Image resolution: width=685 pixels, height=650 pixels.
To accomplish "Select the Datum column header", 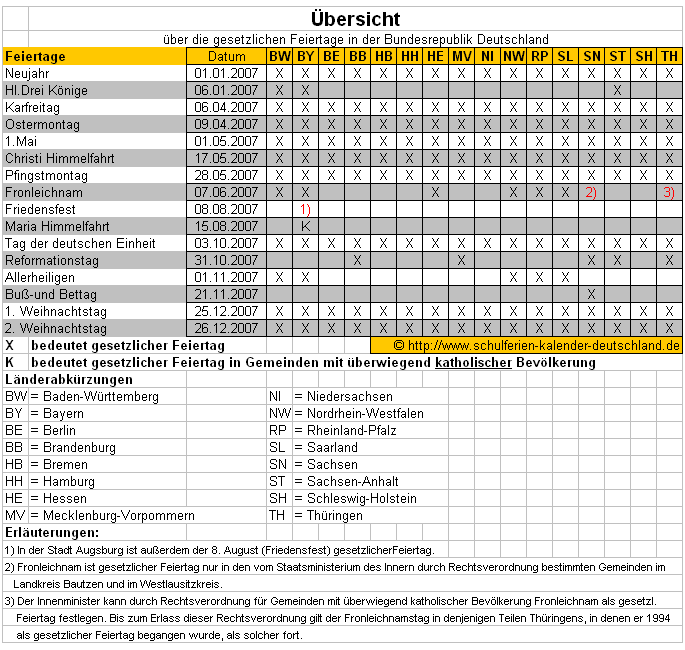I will [x=225, y=57].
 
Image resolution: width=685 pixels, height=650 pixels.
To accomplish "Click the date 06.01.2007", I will [x=226, y=90].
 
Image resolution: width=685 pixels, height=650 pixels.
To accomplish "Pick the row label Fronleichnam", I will [x=44, y=192].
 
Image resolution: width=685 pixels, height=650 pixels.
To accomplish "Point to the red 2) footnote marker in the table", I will [x=591, y=193].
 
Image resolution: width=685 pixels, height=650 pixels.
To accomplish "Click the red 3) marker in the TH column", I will [x=669, y=193].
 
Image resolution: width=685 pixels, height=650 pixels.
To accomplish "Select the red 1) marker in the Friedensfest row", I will [x=306, y=209].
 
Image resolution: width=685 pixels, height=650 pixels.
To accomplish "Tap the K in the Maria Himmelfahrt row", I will [x=305, y=226].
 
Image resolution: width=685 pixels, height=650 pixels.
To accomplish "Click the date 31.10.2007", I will [x=226, y=260].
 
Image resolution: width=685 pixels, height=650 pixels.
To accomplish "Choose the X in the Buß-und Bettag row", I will [x=591, y=294].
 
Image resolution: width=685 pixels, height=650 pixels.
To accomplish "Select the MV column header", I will [x=461, y=57].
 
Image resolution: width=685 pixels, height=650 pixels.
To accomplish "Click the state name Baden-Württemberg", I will [x=94, y=397].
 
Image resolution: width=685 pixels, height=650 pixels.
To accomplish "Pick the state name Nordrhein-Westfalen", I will [x=365, y=413].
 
